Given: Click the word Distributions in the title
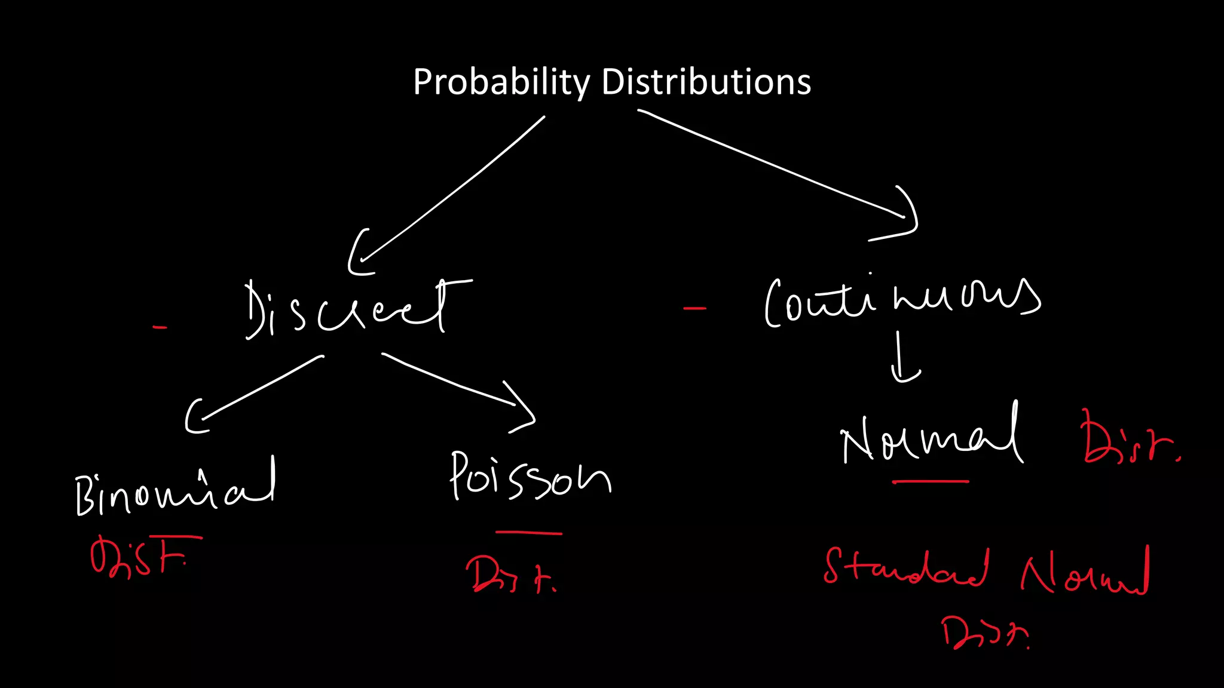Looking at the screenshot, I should tap(706, 82).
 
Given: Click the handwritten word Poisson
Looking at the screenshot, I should tap(529, 478).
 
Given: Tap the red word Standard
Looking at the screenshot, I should tap(905, 567).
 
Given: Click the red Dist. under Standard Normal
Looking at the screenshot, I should tap(984, 633).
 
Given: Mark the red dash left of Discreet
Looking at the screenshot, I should tap(160, 327).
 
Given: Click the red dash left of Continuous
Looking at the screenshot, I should tap(694, 309).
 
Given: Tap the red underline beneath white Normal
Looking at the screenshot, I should tap(930, 481).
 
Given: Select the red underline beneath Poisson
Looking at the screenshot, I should tap(528, 532).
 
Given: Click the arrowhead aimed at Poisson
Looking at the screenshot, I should tap(523, 409).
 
